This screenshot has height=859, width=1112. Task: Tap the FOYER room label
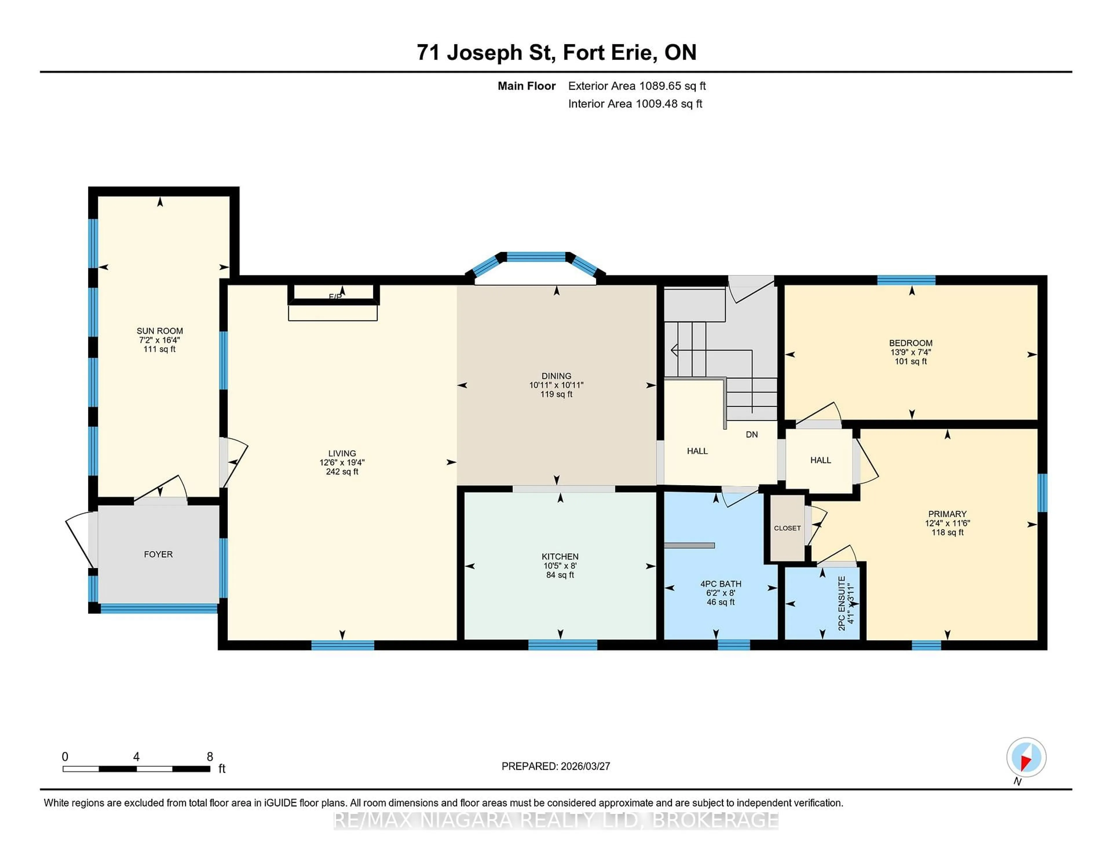coord(158,554)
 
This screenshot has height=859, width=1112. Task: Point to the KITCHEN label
coord(560,557)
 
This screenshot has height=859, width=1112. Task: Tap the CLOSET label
coord(787,528)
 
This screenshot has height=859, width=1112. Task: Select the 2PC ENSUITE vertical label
coord(842,603)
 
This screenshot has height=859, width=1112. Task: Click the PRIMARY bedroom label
coord(947,514)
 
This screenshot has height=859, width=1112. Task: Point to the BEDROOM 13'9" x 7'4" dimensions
coord(910,352)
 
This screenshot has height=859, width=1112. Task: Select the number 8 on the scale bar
coord(209,757)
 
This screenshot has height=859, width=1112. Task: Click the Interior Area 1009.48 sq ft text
coord(635,104)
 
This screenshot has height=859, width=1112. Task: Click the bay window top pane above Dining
coord(536,257)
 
